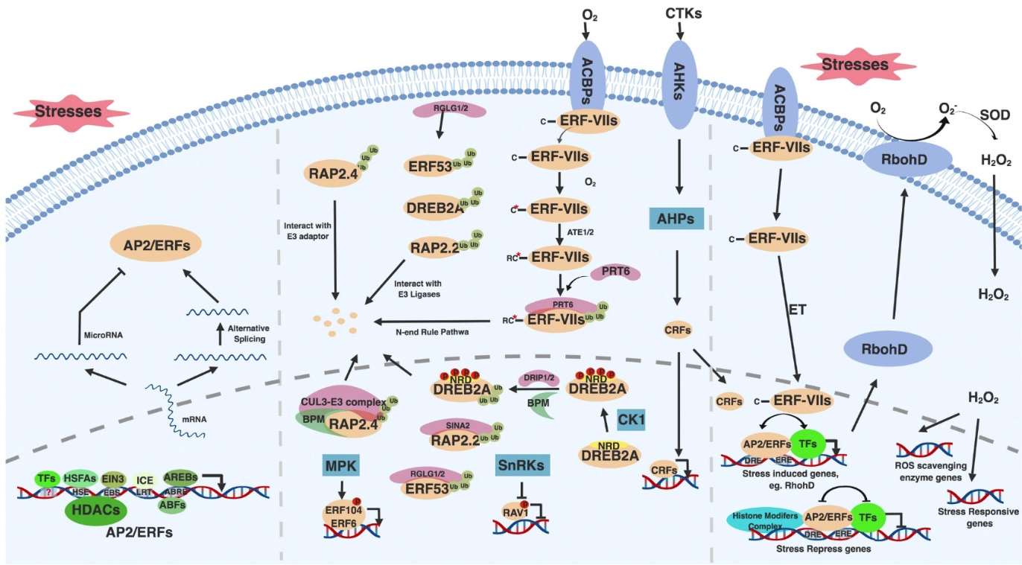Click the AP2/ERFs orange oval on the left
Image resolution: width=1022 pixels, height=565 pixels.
[147, 243]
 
